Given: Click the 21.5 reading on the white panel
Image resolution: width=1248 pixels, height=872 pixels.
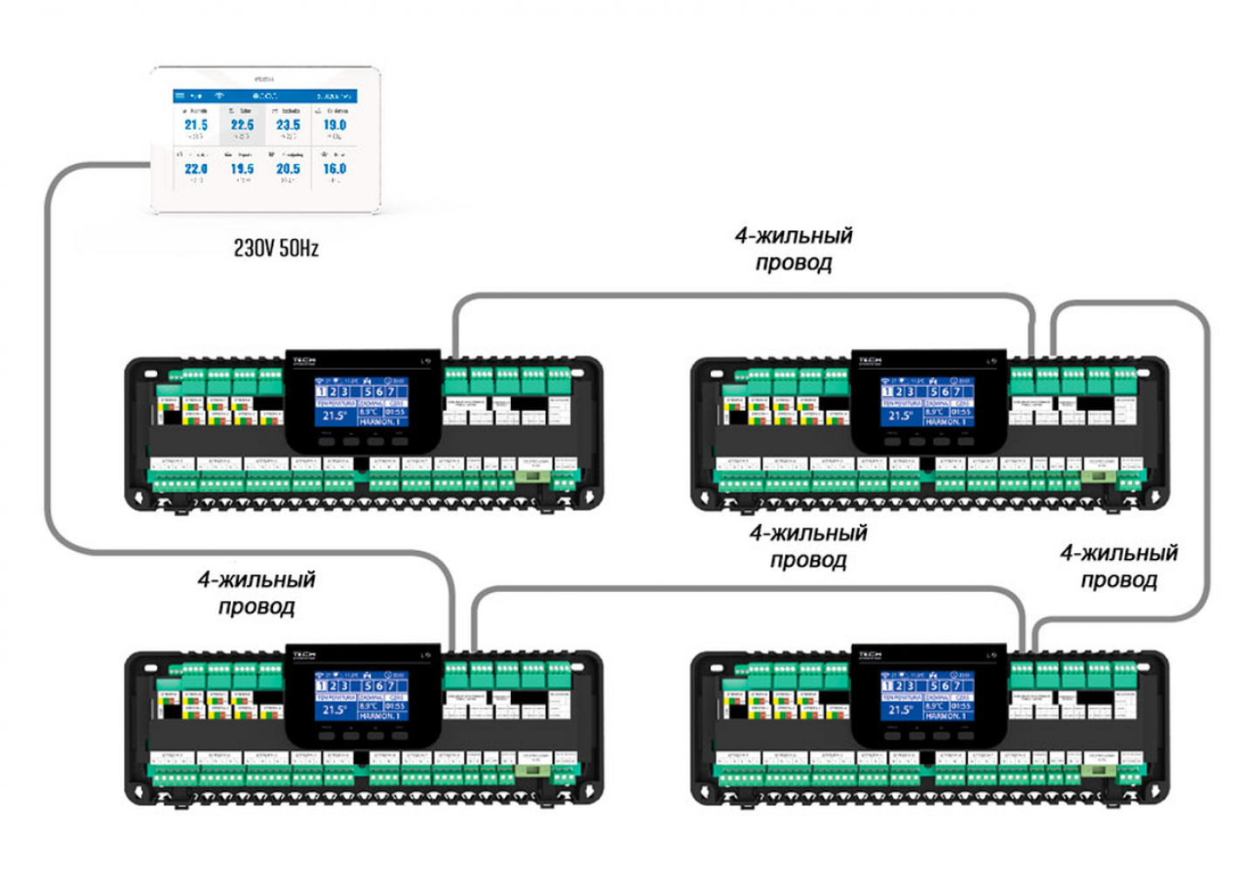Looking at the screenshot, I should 195,126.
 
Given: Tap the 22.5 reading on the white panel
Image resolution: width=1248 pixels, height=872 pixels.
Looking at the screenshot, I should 242,126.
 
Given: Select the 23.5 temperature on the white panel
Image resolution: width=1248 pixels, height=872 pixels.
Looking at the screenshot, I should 289,126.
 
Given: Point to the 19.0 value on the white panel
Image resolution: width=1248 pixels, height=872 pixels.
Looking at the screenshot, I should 335,126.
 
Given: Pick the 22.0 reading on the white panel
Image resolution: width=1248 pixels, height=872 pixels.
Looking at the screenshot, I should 195,168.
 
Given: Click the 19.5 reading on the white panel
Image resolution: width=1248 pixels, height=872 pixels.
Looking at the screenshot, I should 242,168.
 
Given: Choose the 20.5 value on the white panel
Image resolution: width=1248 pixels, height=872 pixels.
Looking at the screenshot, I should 289,168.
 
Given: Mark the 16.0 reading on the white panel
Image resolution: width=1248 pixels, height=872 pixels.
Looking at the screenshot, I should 335,168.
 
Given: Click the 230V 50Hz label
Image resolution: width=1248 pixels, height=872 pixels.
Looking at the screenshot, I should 276,249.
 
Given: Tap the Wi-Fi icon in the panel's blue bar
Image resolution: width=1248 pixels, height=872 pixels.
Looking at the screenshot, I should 219,95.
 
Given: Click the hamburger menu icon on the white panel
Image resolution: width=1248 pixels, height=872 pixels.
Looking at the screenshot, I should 180,95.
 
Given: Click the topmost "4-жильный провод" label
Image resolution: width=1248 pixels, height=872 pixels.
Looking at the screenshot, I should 794,249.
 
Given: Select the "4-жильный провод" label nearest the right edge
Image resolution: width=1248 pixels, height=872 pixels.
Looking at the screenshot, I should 1119,567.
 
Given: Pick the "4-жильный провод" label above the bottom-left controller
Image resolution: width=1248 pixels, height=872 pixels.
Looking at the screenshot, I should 256,593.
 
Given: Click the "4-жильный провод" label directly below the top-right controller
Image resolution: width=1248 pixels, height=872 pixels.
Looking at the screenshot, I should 808,546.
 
